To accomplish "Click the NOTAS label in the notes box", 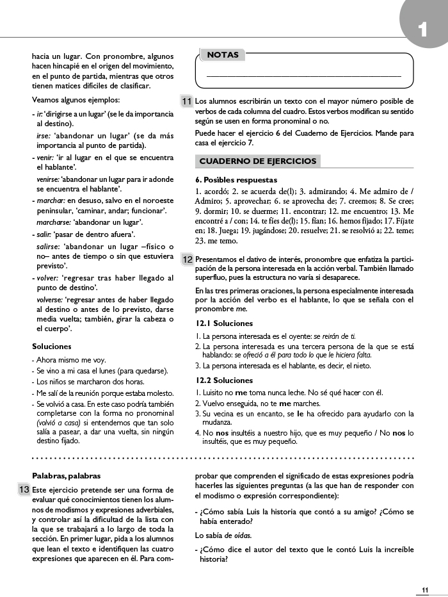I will pyautogui.click(x=223, y=55).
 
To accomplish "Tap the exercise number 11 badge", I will pyautogui.click(x=186, y=101).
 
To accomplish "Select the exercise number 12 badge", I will pyautogui.click(x=188, y=259).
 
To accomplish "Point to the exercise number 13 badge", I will pyautogui.click(x=24, y=489).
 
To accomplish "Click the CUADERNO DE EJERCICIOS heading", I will pyautogui.click(x=258, y=161).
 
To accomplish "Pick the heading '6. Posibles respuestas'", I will pyautogui.click(x=236, y=180).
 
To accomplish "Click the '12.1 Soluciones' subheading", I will pyautogui.click(x=224, y=323).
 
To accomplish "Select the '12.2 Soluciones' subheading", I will pyautogui.click(x=224, y=380).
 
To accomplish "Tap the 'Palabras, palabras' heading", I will pyautogui.click(x=67, y=476).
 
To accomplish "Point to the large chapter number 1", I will pyautogui.click(x=422, y=29).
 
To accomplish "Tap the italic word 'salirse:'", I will pyautogui.click(x=48, y=247).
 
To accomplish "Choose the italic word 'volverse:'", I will pyautogui.click(x=49, y=299).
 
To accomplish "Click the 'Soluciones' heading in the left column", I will pyautogui.click(x=51, y=347).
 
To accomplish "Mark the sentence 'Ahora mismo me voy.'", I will pyautogui.click(x=71, y=360).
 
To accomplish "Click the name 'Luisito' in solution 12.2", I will pyautogui.click(x=214, y=393).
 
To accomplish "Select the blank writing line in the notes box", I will pyautogui.click(x=303, y=77).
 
